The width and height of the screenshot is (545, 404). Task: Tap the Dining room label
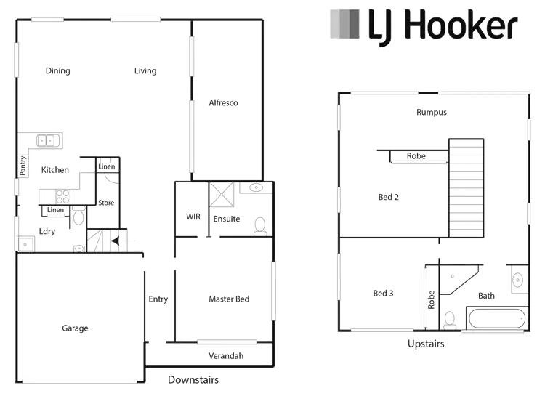[57, 70]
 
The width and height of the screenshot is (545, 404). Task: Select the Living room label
[145, 70]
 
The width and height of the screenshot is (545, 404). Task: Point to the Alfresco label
[222, 103]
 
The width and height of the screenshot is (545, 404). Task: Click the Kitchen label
[55, 169]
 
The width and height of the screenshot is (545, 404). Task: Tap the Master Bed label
[228, 299]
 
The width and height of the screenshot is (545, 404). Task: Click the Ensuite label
[227, 218]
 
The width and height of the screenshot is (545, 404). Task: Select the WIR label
[193, 217]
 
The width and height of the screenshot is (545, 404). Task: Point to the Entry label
[158, 299]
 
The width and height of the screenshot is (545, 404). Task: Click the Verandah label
[225, 356]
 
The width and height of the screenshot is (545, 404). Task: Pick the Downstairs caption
[193, 379]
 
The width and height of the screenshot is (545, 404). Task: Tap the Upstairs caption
[427, 344]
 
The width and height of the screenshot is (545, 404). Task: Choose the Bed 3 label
[383, 294]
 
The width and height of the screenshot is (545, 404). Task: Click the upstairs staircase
[466, 185]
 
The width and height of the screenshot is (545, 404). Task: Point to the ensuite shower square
[220, 194]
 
